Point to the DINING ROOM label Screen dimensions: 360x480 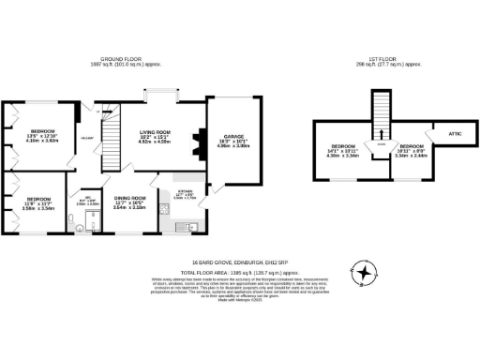point(131,199)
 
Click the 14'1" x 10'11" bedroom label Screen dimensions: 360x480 point(345,149)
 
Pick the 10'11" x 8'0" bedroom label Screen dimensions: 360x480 point(412,149)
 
